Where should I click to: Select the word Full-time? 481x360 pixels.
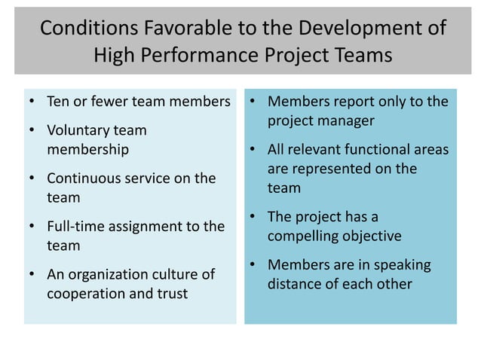[x=75, y=227]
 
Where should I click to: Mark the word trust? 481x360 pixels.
[x=171, y=294]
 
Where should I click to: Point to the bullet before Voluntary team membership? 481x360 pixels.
[x=31, y=130]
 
